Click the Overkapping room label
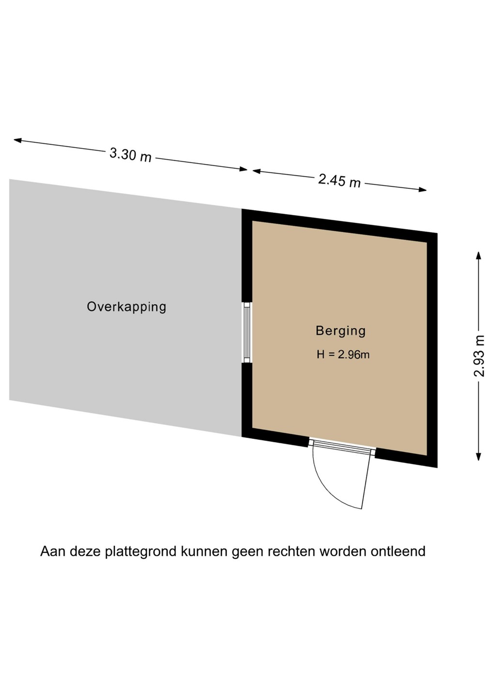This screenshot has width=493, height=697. tap(126, 307)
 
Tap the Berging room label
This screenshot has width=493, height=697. tap(340, 332)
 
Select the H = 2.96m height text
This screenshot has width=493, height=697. tap(343, 354)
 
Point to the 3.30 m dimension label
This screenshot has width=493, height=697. tap(130, 155)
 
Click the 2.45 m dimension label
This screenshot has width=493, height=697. tap(339, 181)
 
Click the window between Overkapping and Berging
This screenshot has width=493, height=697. tap(247, 333)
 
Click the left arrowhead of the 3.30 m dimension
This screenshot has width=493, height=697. tap(18, 140)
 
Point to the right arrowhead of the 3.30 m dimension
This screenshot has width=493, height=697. tap(243, 169)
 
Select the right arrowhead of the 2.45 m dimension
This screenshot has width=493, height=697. tap(422, 190)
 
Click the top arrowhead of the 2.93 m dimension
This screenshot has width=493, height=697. tap(478, 256)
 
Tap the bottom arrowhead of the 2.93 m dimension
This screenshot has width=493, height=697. tap(478, 456)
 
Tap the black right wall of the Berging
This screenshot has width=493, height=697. tap(432, 350)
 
